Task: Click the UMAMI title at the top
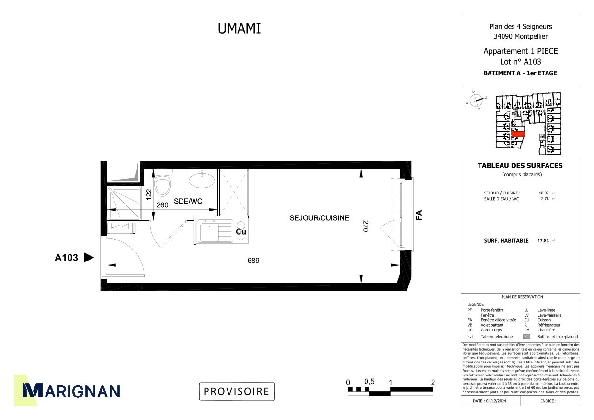point(240,29)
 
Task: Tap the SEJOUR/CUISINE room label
point(320,218)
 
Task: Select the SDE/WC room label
point(188,202)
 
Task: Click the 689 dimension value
point(253,261)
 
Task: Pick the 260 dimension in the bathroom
point(163,204)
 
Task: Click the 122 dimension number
point(149,194)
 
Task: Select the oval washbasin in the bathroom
point(202,181)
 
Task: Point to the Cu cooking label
point(241,232)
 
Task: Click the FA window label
point(419,215)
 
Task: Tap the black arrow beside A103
point(89,258)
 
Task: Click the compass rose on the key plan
point(476,101)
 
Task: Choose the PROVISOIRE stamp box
point(237,391)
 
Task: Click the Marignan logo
point(67,390)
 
